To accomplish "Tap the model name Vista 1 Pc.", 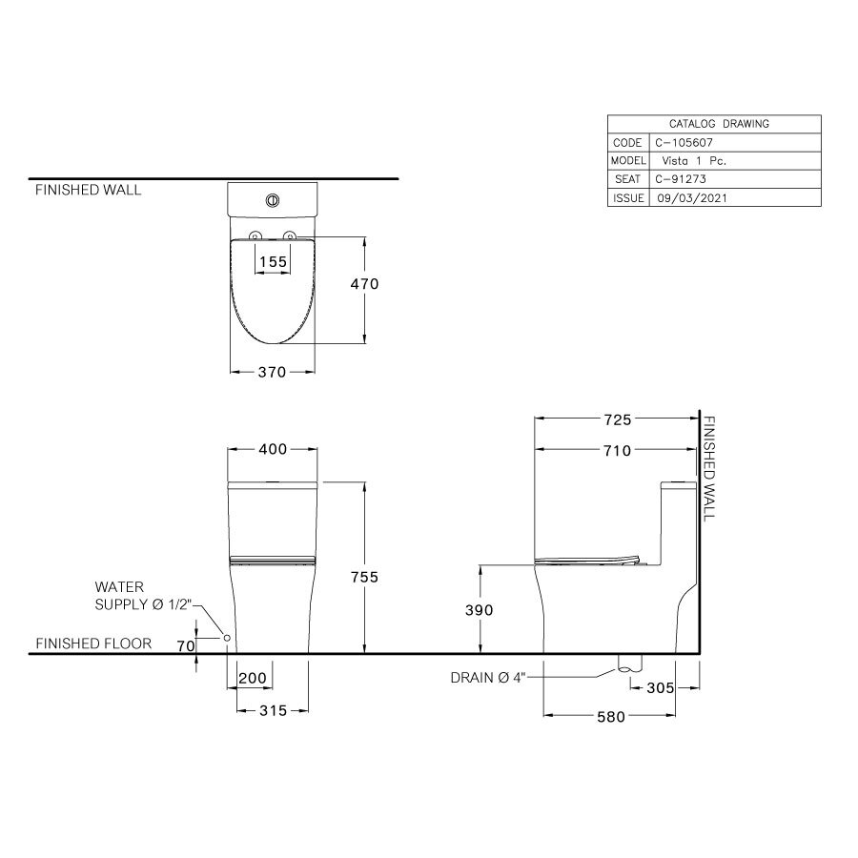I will [x=693, y=161].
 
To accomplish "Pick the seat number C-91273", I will [x=680, y=179].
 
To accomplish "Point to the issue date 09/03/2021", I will [x=690, y=198].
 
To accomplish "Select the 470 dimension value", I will [x=365, y=284].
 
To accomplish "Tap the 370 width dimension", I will [x=273, y=373].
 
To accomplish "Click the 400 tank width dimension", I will [x=274, y=449].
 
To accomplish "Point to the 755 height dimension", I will [x=364, y=577].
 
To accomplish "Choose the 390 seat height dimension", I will [x=479, y=610].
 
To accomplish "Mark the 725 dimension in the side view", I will [x=617, y=419].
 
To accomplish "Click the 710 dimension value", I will [x=617, y=451].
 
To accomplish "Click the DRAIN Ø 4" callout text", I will [x=488, y=679].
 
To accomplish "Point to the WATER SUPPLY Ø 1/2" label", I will [x=144, y=596].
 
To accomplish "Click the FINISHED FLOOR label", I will [x=93, y=643].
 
